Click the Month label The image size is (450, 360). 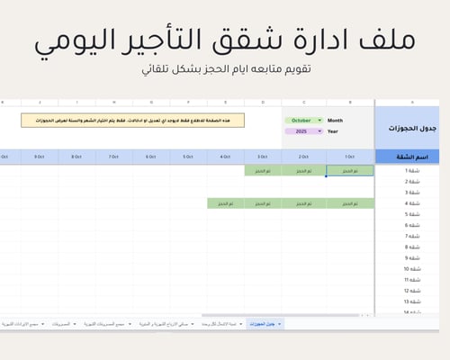(x=335, y=120)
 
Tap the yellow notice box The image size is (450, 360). (x=132, y=120)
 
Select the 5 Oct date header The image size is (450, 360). (x=188, y=157)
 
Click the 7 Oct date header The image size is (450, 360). (x=113, y=157)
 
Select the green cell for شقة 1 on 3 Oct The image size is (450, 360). (x=262, y=170)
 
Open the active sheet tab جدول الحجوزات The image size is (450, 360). (x=267, y=322)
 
